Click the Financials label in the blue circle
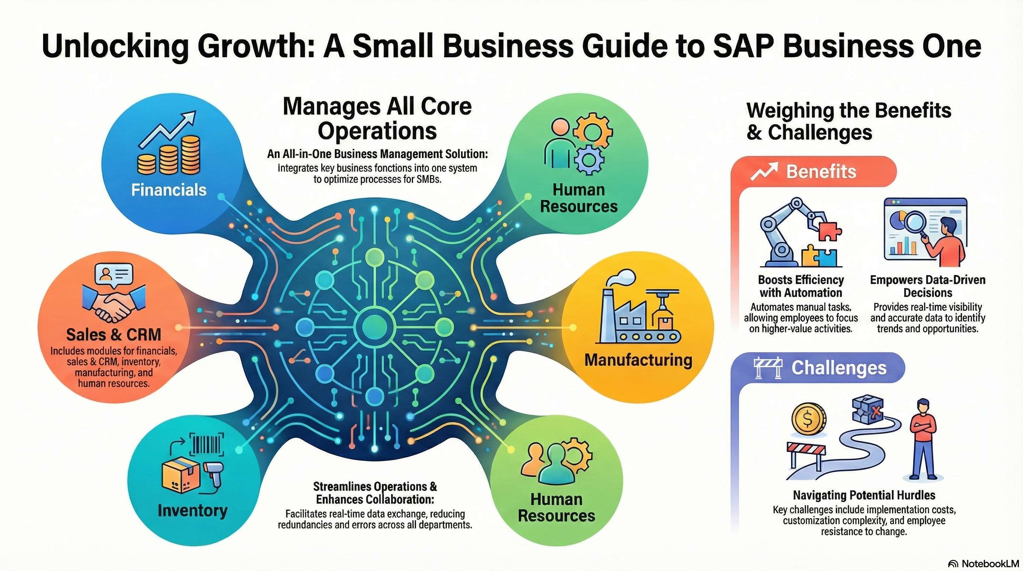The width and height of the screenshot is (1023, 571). click(169, 190)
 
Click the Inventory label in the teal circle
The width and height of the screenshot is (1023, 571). click(192, 510)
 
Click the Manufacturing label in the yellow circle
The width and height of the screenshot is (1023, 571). click(638, 360)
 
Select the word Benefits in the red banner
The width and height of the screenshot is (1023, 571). click(821, 171)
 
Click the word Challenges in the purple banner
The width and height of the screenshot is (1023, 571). click(839, 368)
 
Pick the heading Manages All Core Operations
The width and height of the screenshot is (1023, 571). click(377, 118)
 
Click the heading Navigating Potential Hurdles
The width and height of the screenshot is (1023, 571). click(864, 495)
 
